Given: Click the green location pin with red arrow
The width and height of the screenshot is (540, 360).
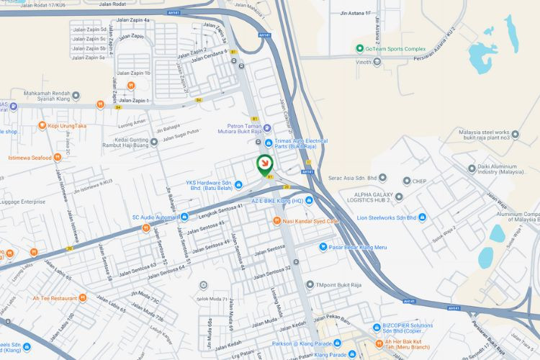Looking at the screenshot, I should (264, 164).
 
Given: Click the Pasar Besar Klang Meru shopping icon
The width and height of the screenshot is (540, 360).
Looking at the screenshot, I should (324, 247).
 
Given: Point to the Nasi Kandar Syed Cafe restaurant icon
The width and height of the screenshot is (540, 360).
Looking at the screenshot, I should (276, 220).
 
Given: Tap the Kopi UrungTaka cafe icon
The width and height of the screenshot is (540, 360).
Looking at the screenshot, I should (33, 125).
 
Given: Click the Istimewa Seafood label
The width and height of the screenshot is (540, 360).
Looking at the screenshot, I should (30, 157).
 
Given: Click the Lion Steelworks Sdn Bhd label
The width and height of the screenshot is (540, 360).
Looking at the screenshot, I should (387, 217).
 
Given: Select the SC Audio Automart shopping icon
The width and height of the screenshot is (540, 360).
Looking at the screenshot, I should (184, 217).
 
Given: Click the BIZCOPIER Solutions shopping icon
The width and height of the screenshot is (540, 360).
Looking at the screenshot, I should (377, 326).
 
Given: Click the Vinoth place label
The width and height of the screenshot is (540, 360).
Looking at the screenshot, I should (367, 63).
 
